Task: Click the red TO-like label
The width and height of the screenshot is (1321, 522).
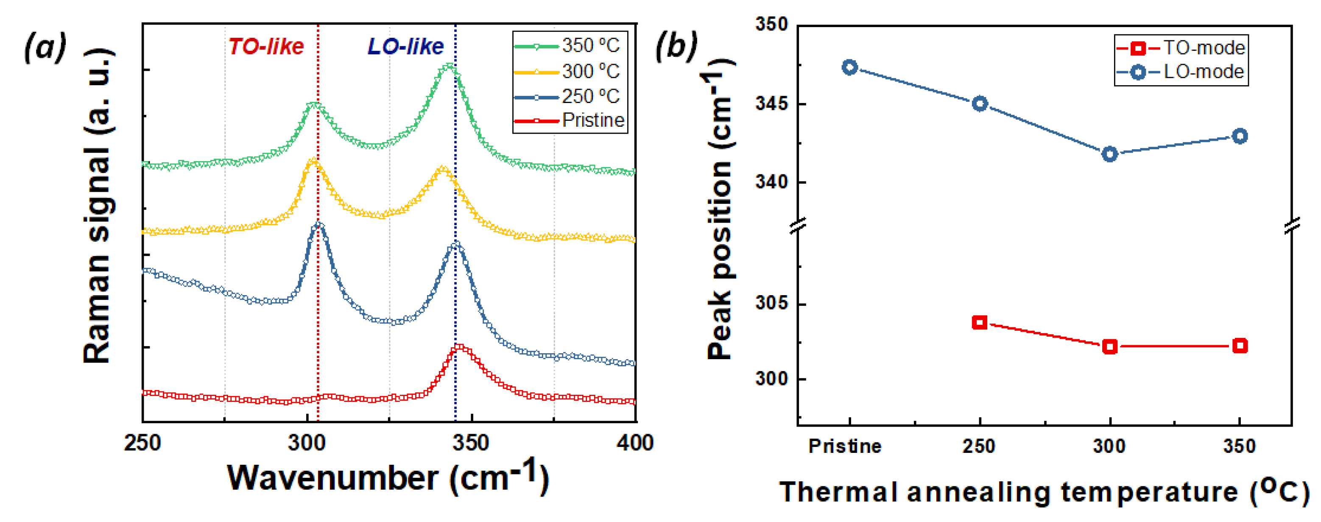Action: [266, 47]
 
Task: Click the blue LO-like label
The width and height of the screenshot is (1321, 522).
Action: [405, 47]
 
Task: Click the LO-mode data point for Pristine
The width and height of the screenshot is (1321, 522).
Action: [850, 67]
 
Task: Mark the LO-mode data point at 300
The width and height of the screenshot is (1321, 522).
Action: [1110, 154]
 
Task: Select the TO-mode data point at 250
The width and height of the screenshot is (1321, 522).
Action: [980, 322]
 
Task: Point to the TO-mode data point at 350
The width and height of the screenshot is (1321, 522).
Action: [1240, 346]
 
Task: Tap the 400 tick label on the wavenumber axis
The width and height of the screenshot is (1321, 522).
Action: [635, 443]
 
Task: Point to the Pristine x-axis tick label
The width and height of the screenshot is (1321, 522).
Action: [845, 446]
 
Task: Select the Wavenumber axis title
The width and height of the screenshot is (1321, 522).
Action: [388, 477]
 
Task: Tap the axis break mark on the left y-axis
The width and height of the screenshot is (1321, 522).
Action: [798, 225]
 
